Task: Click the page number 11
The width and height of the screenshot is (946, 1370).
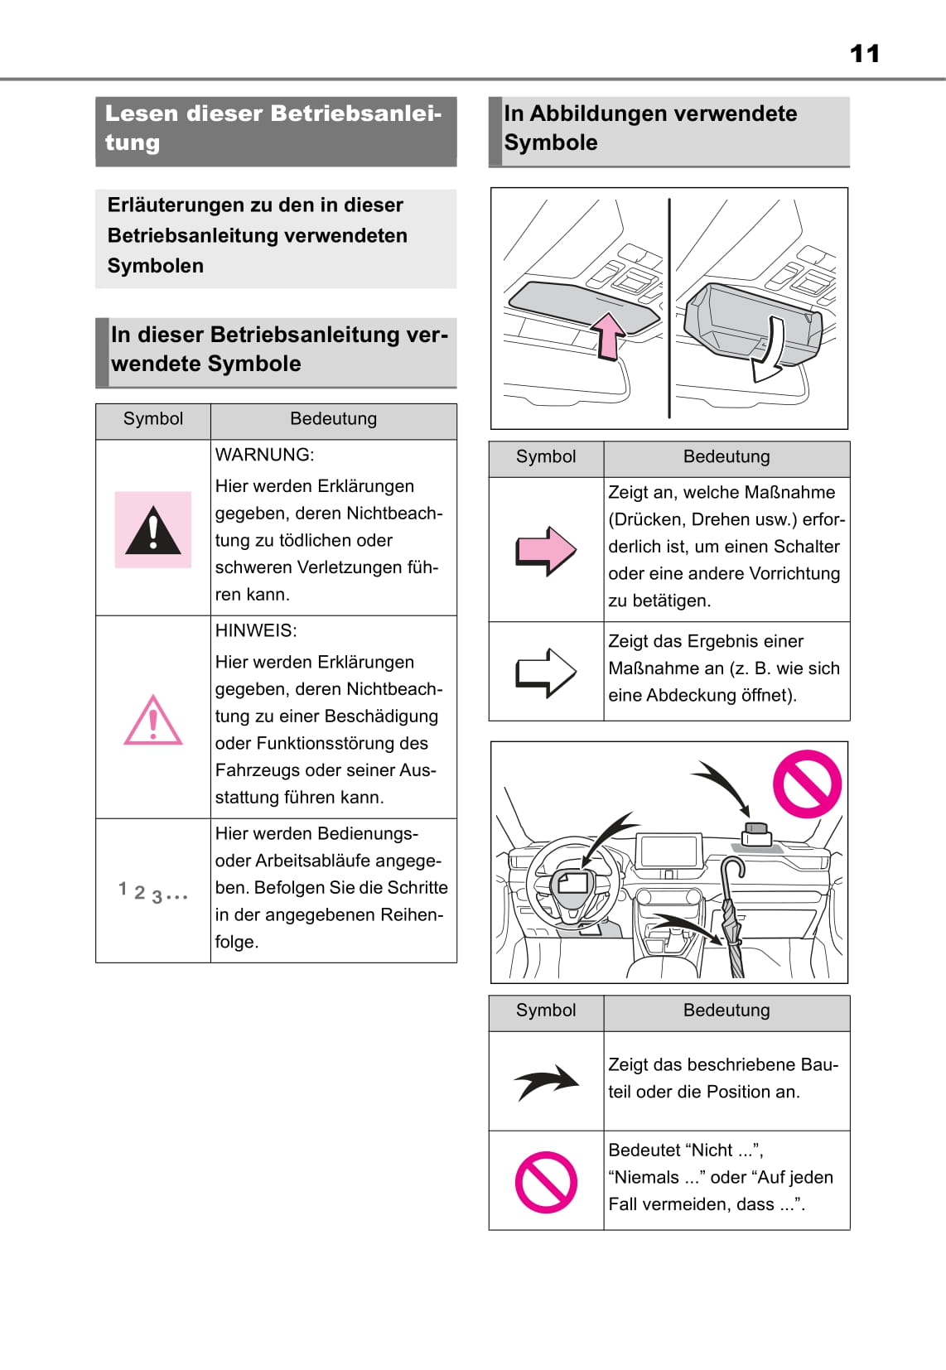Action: point(865,54)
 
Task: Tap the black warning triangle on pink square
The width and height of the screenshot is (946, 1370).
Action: point(153,530)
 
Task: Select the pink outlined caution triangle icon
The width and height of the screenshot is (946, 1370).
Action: point(153,720)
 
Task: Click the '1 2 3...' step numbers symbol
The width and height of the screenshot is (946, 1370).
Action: point(153,892)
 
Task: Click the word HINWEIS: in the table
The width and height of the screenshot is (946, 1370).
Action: point(256,630)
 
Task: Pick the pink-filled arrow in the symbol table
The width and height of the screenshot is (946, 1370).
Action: point(546,550)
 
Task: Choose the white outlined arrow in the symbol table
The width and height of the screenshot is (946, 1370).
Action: point(546,672)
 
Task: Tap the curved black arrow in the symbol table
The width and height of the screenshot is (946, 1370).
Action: point(546,1082)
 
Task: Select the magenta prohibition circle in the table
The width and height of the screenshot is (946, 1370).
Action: point(546,1182)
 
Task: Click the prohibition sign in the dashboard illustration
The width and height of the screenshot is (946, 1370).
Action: point(807,784)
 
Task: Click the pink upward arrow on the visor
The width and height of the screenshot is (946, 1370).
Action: point(608,335)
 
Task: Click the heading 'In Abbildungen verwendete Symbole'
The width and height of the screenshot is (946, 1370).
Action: point(651,128)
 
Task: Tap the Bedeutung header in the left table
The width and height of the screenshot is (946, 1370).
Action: point(333,419)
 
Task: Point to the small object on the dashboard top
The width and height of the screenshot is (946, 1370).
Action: point(756,832)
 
